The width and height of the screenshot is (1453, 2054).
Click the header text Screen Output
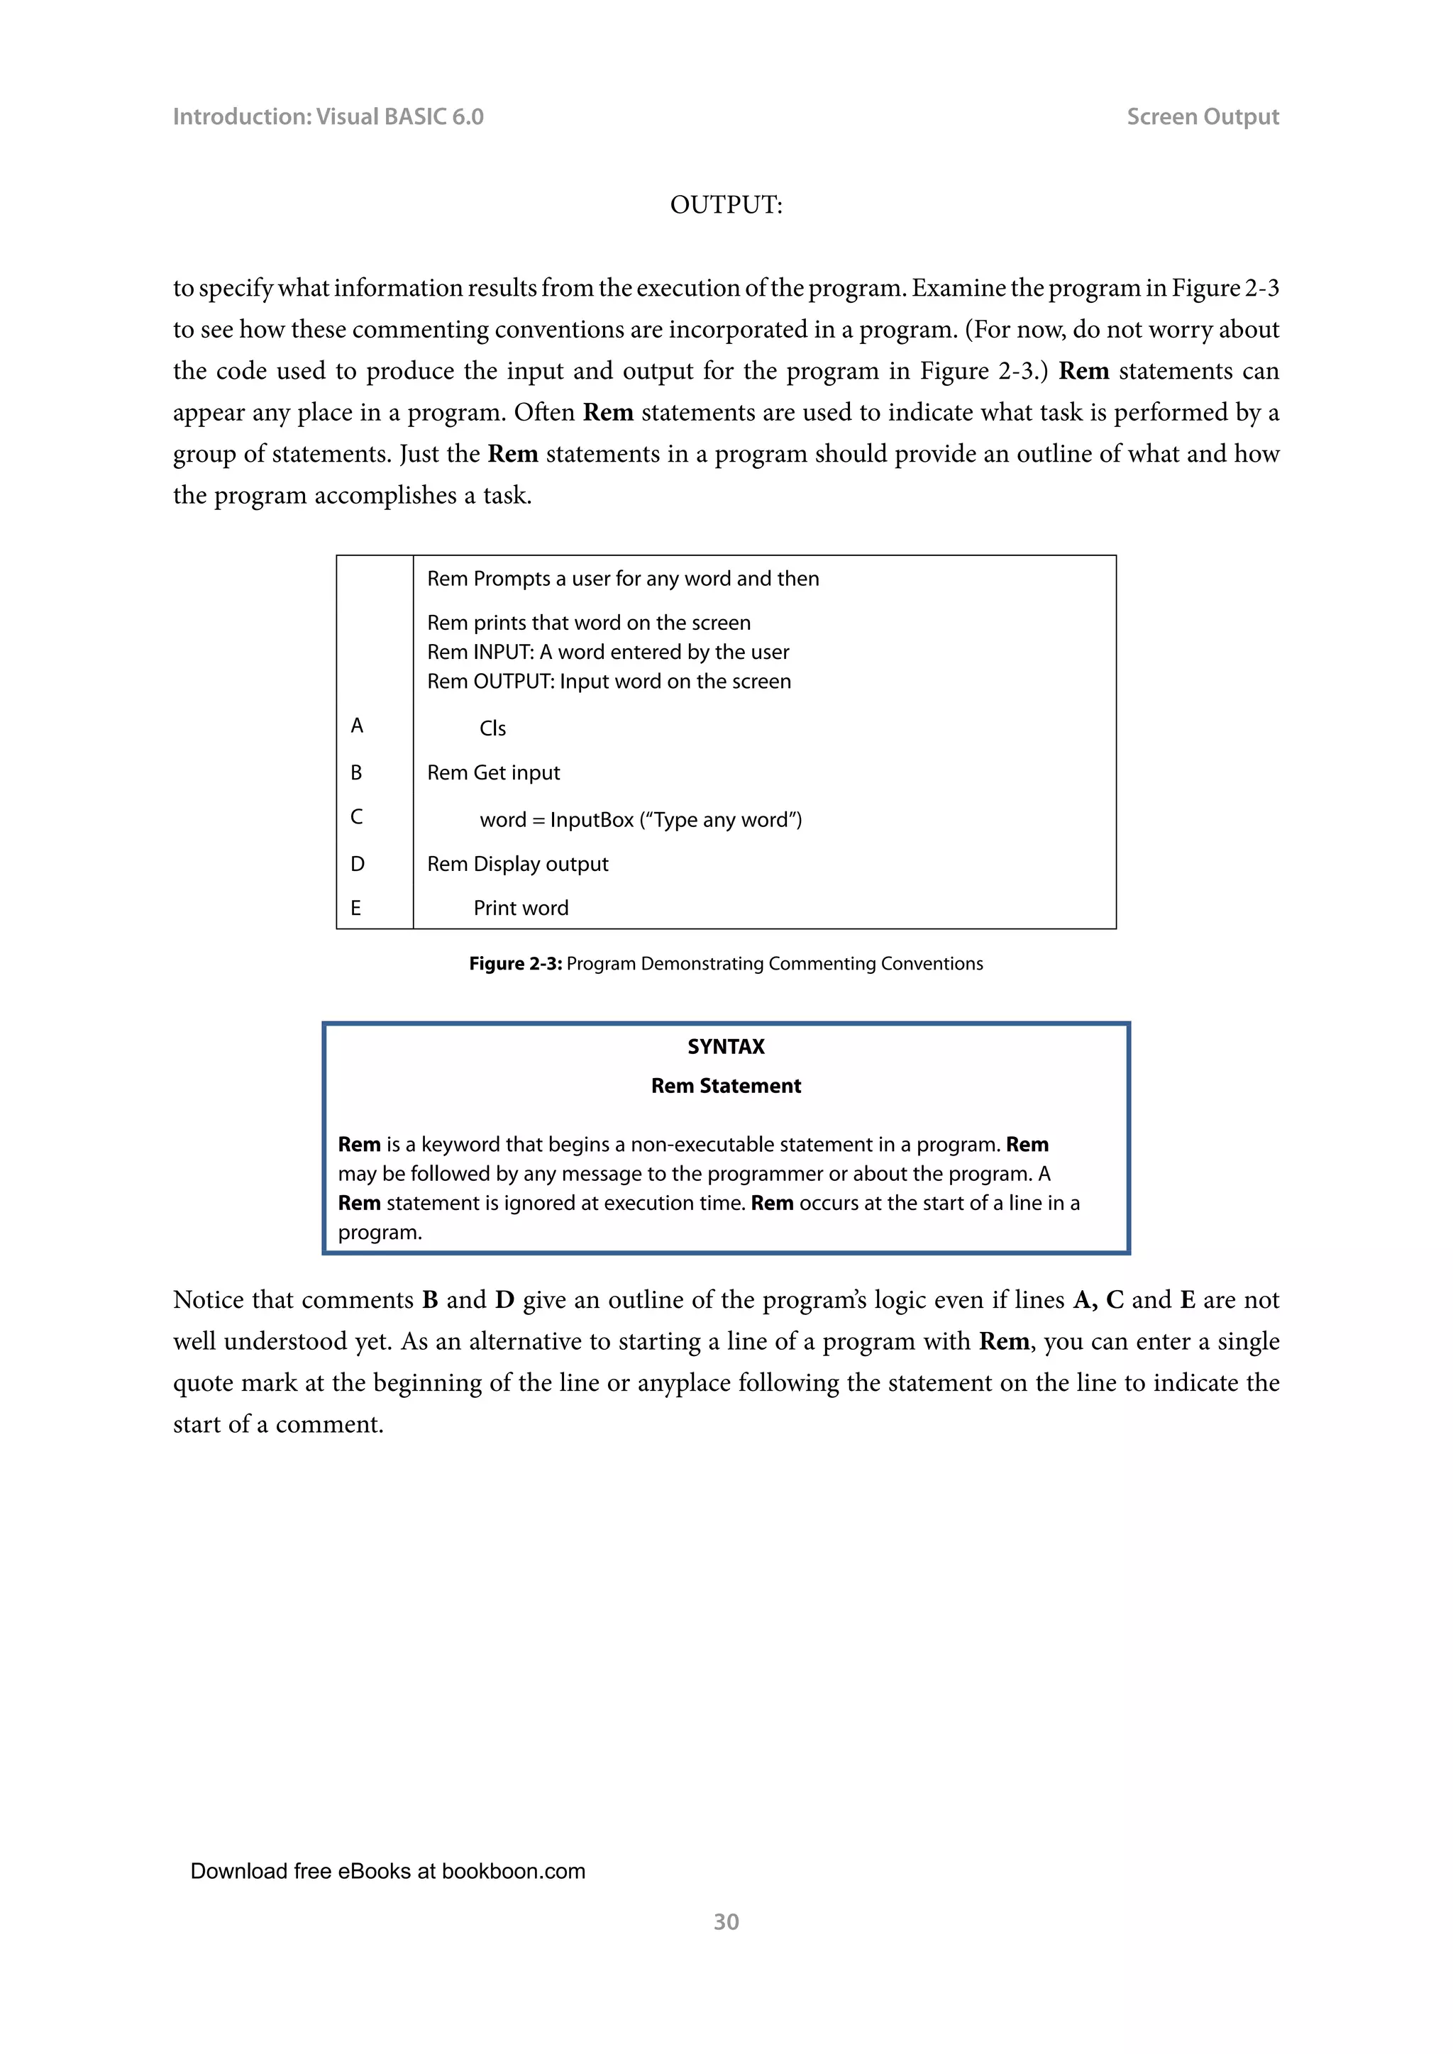(1202, 117)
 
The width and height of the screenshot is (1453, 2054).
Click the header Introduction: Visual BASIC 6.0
(328, 117)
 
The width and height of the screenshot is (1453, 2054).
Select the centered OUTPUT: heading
(726, 205)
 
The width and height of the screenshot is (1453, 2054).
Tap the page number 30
(726, 1921)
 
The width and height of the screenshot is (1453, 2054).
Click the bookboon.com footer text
(387, 1870)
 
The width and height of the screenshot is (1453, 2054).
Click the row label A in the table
(357, 726)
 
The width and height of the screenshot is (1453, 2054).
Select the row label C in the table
(357, 817)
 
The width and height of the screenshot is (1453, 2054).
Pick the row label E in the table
(356, 908)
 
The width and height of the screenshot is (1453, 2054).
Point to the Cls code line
(492, 728)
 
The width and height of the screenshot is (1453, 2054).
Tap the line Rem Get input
(493, 773)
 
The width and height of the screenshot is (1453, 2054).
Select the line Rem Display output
(517, 864)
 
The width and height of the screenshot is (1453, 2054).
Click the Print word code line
(521, 908)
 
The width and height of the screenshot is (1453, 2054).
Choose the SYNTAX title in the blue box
(726, 1047)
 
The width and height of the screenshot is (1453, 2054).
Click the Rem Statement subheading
(726, 1086)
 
